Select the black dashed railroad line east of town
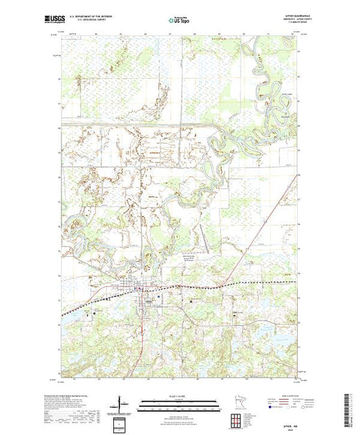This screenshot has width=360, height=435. pos(263,282)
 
